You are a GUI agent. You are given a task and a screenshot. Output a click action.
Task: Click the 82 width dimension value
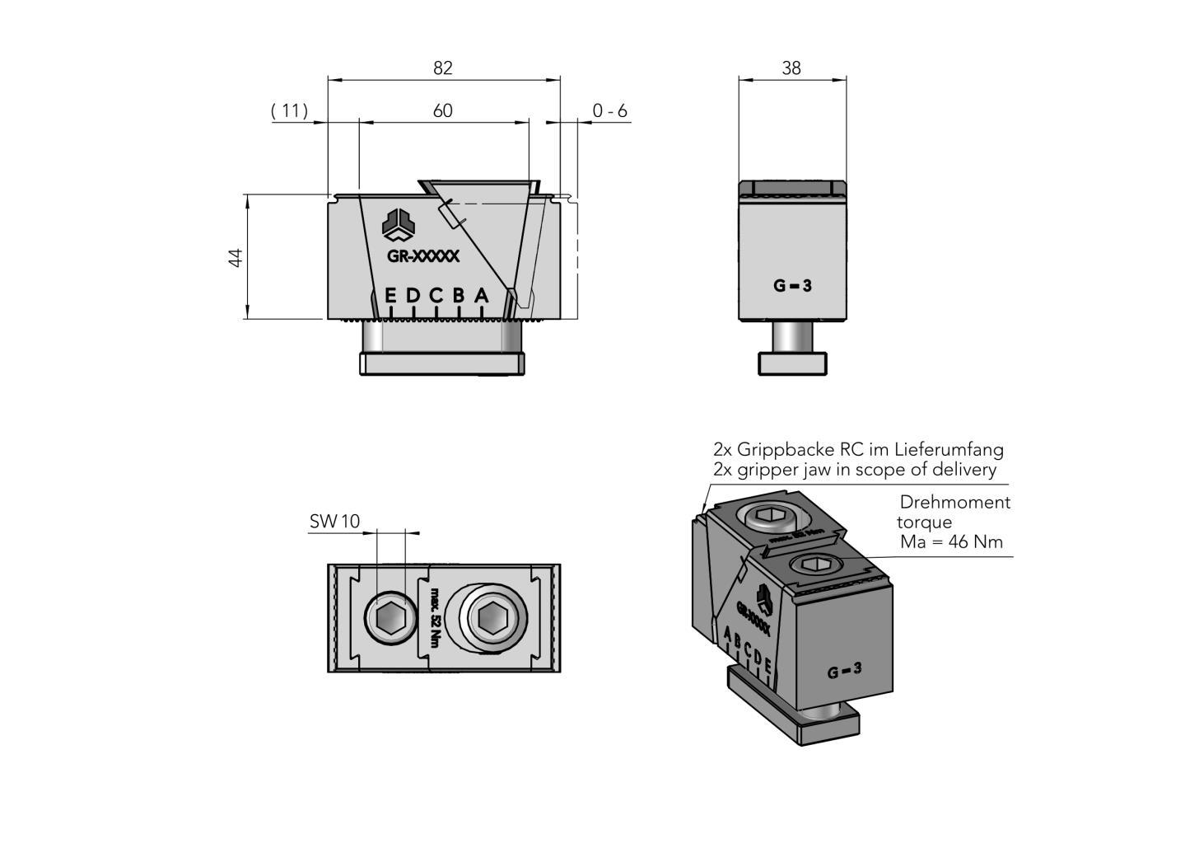click(443, 68)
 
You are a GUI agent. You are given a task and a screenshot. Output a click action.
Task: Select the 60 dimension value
click(443, 110)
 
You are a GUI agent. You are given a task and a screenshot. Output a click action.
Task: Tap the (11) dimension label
click(290, 110)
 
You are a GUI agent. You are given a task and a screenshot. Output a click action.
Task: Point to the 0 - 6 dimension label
click(609, 110)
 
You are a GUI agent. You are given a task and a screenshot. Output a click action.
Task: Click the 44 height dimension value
click(236, 257)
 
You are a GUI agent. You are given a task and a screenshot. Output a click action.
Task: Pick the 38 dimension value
click(791, 68)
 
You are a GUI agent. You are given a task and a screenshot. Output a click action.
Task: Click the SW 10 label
click(334, 522)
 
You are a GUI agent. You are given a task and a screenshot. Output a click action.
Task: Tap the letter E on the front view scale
click(391, 295)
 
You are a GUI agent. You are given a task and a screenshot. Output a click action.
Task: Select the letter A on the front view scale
click(482, 295)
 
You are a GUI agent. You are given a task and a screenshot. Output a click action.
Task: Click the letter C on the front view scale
click(436, 295)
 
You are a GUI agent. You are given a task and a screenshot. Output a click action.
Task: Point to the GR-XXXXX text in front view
click(423, 256)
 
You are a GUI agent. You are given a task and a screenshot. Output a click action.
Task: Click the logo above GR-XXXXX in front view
click(399, 224)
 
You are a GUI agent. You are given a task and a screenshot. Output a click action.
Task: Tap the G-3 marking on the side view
click(792, 286)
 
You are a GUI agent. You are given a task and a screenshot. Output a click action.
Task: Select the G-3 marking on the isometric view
click(844, 671)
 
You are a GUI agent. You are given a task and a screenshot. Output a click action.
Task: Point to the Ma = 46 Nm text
click(951, 542)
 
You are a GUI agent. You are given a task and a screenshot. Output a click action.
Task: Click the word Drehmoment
click(954, 502)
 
